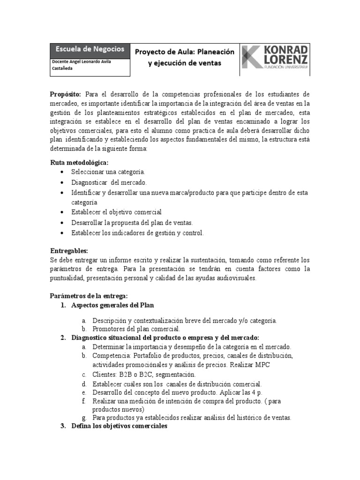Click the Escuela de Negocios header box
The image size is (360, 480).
pos(90,49)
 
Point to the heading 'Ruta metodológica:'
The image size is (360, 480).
pos(79,163)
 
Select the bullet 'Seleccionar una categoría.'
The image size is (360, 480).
pos(108,172)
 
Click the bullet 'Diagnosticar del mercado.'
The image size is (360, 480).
pos(109,182)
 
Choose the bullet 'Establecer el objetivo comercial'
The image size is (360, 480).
pos(116,212)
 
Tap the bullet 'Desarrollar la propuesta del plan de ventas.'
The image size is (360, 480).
pos(132,223)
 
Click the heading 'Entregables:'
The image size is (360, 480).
pos(69,251)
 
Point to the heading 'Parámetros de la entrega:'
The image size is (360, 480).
pos(89,296)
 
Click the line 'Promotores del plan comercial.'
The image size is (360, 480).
pos(136,329)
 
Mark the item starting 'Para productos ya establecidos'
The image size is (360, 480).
pos(192,417)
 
